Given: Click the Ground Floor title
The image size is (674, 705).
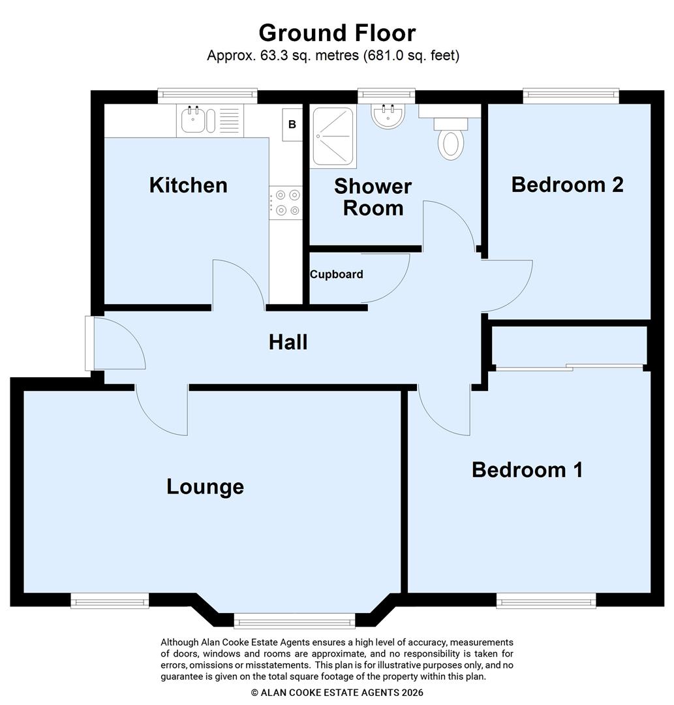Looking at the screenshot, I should (x=337, y=33).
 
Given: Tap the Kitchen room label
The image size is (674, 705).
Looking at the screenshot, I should (x=189, y=185).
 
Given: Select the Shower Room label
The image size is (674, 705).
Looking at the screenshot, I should (x=373, y=197).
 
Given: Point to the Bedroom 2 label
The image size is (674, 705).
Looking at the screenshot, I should (x=567, y=184).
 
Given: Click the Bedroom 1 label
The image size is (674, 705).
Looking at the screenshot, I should (x=527, y=469).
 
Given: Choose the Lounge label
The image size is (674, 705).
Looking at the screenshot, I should (x=205, y=486).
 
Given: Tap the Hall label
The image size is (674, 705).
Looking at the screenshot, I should (x=288, y=341).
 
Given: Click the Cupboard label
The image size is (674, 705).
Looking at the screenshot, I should (x=336, y=274).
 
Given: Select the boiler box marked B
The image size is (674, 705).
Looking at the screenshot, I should (x=292, y=125).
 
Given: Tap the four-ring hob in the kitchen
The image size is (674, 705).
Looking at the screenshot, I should (x=286, y=202).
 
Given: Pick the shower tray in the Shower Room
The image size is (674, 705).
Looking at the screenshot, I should (x=333, y=137).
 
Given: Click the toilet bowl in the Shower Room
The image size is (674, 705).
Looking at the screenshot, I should (x=450, y=143).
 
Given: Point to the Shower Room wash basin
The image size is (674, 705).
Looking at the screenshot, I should (x=388, y=116).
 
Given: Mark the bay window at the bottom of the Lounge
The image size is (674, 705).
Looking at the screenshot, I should (x=294, y=620).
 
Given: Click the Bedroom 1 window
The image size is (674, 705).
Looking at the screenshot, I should (x=545, y=601).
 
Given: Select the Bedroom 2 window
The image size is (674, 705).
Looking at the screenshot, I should (x=571, y=96).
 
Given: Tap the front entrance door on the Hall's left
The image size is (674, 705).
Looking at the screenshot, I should (x=89, y=343).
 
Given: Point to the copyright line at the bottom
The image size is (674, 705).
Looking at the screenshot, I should (x=337, y=693).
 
